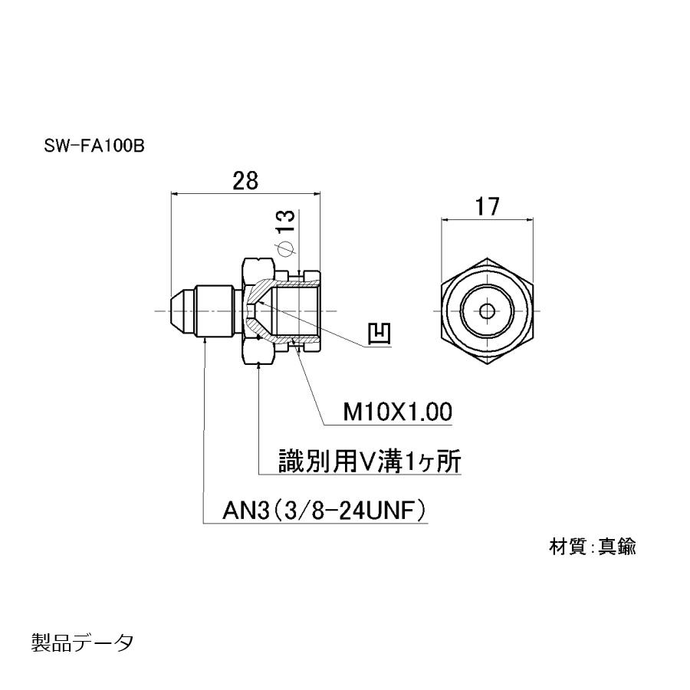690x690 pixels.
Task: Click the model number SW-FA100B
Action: coord(94,145)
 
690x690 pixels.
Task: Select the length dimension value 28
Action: coord(245,181)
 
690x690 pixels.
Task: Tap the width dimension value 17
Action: coord(487,206)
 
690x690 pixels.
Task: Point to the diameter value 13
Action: coord(286,220)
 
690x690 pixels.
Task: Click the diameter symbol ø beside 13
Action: coord(284,248)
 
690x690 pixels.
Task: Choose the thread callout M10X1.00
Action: coord(396,412)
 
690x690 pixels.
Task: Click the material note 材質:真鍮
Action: coord(592,547)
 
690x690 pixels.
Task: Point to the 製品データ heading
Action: coord(82,641)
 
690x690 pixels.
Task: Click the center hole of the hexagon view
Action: coord(488,311)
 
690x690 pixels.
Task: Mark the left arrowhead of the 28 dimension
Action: coord(173,195)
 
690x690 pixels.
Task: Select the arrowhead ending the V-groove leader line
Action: coord(261,366)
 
